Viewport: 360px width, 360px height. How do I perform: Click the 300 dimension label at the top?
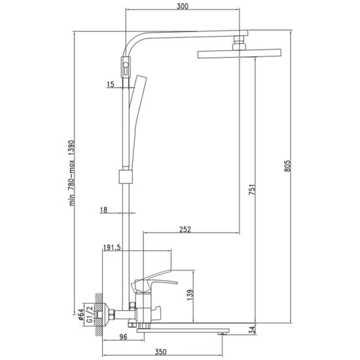pos(183,6)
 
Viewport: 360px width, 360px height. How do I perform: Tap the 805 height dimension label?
pos(287,166)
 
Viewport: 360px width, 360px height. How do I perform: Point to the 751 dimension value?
pos(252,190)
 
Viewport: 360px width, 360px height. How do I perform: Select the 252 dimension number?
pos(185,229)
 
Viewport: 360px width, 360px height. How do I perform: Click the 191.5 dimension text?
pos(112,247)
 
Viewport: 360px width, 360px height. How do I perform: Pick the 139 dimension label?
pos(190,295)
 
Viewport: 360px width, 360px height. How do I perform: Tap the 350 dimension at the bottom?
pos(161,351)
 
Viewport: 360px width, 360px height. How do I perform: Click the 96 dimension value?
pos(123,337)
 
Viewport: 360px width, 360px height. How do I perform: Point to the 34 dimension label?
pos(252,330)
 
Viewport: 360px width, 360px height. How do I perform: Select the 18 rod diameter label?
pos(103,210)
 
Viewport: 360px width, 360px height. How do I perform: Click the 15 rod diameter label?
pos(111,84)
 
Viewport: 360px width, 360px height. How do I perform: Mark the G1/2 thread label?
pos(90,314)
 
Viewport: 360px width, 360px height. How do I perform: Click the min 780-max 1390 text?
pos(72,173)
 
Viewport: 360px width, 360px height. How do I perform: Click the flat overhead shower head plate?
pos(240,54)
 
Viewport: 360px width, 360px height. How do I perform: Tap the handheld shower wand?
pos(137,122)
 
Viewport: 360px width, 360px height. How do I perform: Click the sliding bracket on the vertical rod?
pos(126,177)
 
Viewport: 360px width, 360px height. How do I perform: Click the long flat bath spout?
pos(183,331)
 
